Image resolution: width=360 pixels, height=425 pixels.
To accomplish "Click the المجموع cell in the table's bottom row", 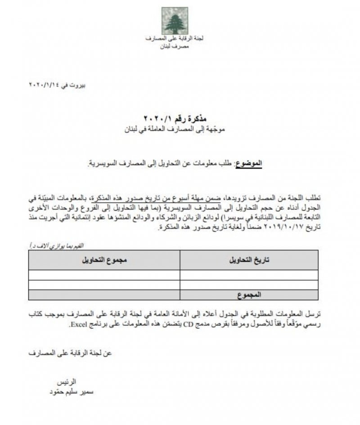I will [249, 295].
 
